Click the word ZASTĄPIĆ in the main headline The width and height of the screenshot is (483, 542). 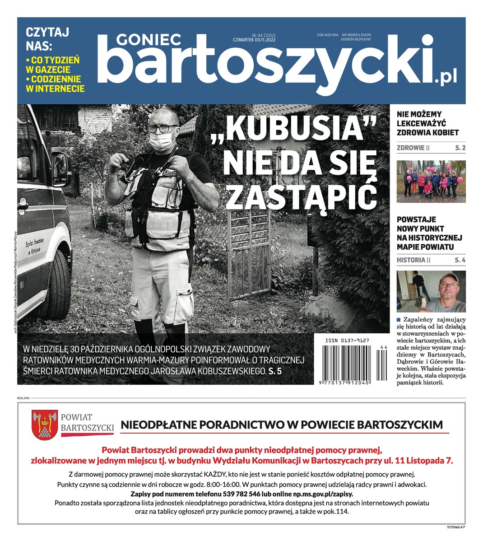click(301, 196)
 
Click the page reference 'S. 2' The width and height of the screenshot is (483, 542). click(460, 148)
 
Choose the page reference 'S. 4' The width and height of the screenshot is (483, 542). click(460, 260)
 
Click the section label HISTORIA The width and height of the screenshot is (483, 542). click(411, 260)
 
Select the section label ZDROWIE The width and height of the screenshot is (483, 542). click(410, 148)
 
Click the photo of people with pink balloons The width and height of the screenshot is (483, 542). click(431, 182)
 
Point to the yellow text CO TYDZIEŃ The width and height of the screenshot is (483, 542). click(52, 60)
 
